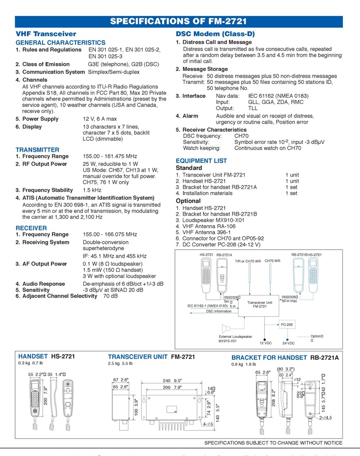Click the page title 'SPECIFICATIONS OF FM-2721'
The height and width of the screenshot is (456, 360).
pyautogui.click(x=178, y=21)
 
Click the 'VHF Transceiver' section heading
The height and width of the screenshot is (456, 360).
pyautogui.click(x=46, y=34)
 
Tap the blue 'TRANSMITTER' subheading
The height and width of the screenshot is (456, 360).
pyautogui.click(x=37, y=150)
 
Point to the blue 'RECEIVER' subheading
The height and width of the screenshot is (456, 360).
pyautogui.click(x=31, y=228)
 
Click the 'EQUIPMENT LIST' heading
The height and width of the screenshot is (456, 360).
pyautogui.click(x=201, y=161)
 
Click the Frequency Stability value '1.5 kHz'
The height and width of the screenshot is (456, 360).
pyautogui.click(x=92, y=190)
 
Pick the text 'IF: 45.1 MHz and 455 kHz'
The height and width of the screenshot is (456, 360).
pyautogui.click(x=114, y=256)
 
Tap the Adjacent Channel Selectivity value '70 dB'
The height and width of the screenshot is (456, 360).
pyautogui.click(x=110, y=297)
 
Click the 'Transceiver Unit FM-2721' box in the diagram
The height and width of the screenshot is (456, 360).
pyautogui.click(x=260, y=304)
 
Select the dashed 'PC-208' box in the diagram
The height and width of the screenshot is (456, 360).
pyautogui.click(x=287, y=325)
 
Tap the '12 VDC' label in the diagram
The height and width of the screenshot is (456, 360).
pyautogui.click(x=265, y=343)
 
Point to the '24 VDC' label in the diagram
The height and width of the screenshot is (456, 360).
pyautogui.click(x=288, y=343)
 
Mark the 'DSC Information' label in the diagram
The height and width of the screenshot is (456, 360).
pyautogui.click(x=219, y=311)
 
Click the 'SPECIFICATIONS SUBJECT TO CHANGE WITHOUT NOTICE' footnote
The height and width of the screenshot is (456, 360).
pyautogui.click(x=273, y=443)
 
